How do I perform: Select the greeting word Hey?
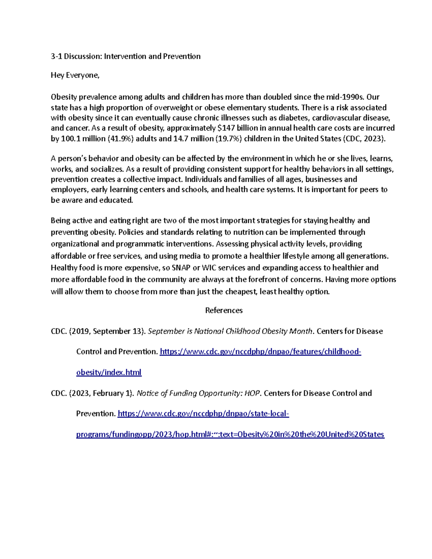(x=57, y=75)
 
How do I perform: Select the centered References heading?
(x=224, y=310)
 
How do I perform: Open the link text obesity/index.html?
(x=109, y=373)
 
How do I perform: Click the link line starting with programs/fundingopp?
(x=230, y=434)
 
